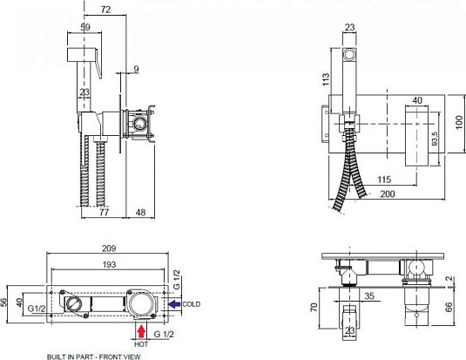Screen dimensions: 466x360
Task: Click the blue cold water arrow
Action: [x=174, y=303]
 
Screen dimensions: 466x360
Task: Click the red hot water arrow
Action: [x=141, y=331]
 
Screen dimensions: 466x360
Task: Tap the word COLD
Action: [x=191, y=304]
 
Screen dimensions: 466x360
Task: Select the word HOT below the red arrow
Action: [x=141, y=344]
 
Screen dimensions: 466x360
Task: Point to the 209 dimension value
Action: [x=109, y=248]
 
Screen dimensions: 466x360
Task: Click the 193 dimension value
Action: [x=109, y=264]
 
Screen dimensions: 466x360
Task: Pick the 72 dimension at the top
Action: [x=105, y=10]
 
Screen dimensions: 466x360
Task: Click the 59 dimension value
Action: [x=85, y=27]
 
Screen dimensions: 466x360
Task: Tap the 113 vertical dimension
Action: [x=326, y=79]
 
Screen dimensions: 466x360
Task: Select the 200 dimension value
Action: [x=388, y=194]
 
